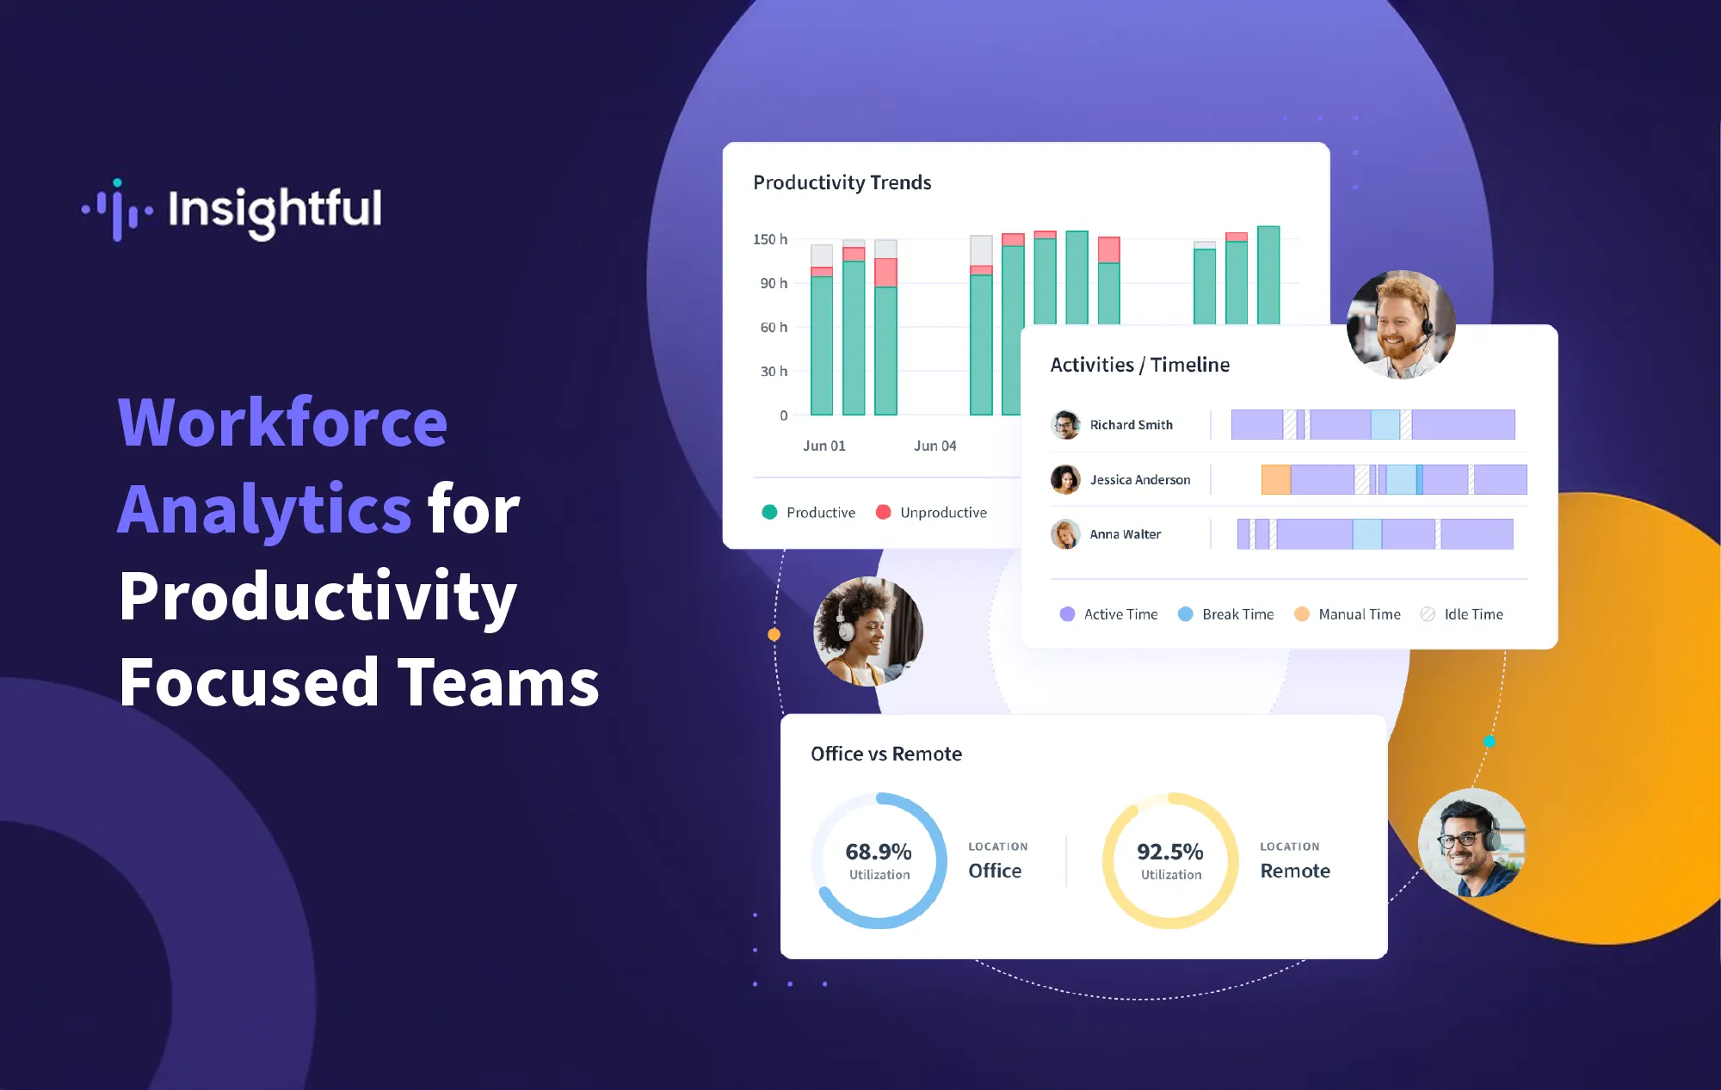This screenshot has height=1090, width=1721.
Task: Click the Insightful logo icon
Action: [118, 209]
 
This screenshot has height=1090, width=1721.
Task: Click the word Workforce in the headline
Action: [282, 422]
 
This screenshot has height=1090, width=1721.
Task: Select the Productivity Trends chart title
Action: [842, 182]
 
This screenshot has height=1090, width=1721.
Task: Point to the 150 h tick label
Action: [769, 239]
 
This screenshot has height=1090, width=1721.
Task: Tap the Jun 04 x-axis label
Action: [935, 446]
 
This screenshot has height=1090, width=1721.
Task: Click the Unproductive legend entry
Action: [942, 513]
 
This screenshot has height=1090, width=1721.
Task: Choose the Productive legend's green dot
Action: [769, 513]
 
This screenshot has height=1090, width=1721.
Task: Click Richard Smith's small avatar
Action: [1065, 425]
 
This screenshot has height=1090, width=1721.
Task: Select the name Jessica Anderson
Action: [1139, 480]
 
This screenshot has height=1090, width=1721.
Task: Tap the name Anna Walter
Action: [1125, 534]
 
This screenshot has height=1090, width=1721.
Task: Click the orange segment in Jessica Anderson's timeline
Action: [1275, 480]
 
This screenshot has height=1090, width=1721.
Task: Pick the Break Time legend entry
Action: [1237, 614]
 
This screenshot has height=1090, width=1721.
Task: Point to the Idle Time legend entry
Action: [1472, 614]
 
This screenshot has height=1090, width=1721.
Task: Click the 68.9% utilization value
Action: [878, 852]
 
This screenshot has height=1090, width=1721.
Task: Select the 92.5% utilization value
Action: [1169, 852]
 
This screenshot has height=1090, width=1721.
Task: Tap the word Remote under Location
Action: [1294, 871]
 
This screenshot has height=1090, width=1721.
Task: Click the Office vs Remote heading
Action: [885, 754]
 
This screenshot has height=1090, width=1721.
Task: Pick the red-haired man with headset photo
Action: [1401, 325]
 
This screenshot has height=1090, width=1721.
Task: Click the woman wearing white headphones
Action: [867, 631]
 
